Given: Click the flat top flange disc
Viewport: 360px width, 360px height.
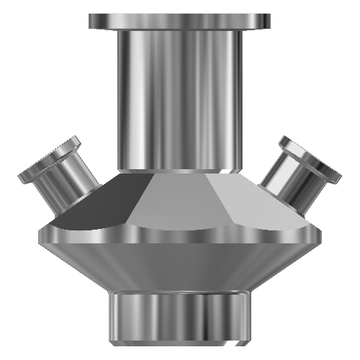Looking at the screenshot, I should point(180,21).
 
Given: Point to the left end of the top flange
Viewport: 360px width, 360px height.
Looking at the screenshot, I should point(91,21).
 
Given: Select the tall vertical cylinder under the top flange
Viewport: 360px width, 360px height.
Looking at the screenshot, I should point(180,101).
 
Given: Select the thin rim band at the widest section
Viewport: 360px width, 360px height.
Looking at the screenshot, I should point(180,234).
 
